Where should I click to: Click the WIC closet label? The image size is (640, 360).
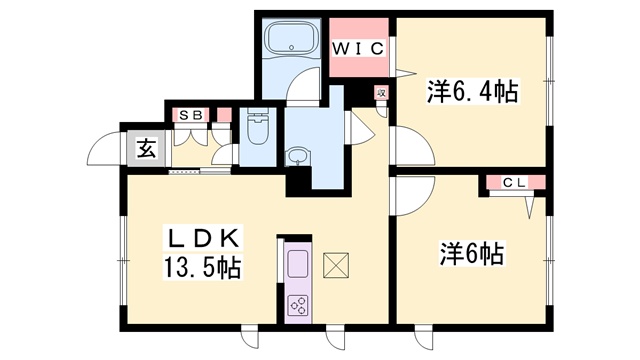(358, 49)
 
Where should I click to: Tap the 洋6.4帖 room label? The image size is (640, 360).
(473, 91)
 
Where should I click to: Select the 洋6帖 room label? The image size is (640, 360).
(472, 254)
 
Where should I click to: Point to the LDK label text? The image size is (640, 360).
(203, 238)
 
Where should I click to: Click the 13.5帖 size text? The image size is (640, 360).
(203, 267)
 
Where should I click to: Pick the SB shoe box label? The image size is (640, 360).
(191, 116)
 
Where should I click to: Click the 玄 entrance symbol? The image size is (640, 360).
(147, 149)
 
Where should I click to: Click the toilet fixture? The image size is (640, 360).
(257, 127)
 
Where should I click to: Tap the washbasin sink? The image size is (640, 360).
(298, 157)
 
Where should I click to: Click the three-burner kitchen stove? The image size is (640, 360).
(298, 305)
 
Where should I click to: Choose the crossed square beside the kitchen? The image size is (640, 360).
(336, 265)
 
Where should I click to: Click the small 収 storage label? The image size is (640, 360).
(381, 93)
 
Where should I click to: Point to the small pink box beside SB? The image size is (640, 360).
(224, 115)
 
